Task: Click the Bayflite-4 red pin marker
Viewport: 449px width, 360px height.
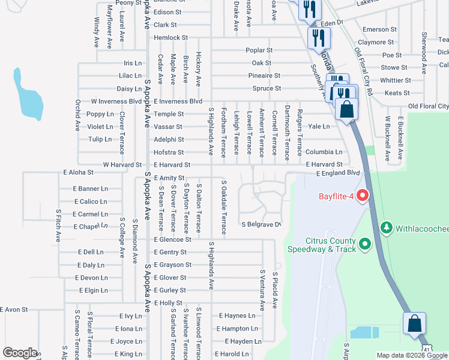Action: [362, 196]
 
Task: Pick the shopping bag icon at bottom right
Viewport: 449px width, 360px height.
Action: [414, 324]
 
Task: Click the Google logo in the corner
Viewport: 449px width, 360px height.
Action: [20, 353]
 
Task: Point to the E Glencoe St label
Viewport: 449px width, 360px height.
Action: [172, 239]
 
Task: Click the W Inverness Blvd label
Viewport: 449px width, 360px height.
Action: [116, 101]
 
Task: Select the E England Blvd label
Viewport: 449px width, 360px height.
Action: [337, 173]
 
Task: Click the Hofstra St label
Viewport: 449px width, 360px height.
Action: [169, 152]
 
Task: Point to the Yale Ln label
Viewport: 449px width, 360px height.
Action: [319, 127]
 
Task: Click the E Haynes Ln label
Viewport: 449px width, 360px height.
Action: [237, 316]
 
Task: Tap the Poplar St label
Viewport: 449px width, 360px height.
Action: [259, 50]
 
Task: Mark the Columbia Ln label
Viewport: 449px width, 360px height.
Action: [324, 152]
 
